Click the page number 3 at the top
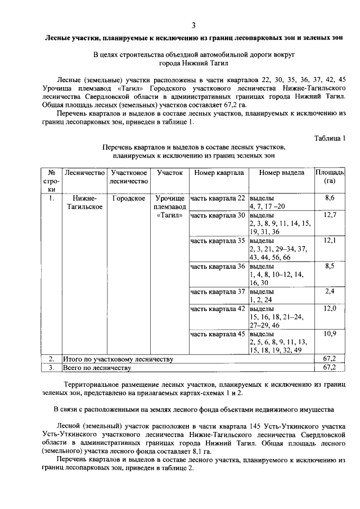click(193, 25)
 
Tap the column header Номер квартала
click(218, 172)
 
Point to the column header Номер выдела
click(281, 172)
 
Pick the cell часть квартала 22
click(218, 198)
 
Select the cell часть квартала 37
click(218, 291)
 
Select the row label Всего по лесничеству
click(97, 368)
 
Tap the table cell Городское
click(129, 198)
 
